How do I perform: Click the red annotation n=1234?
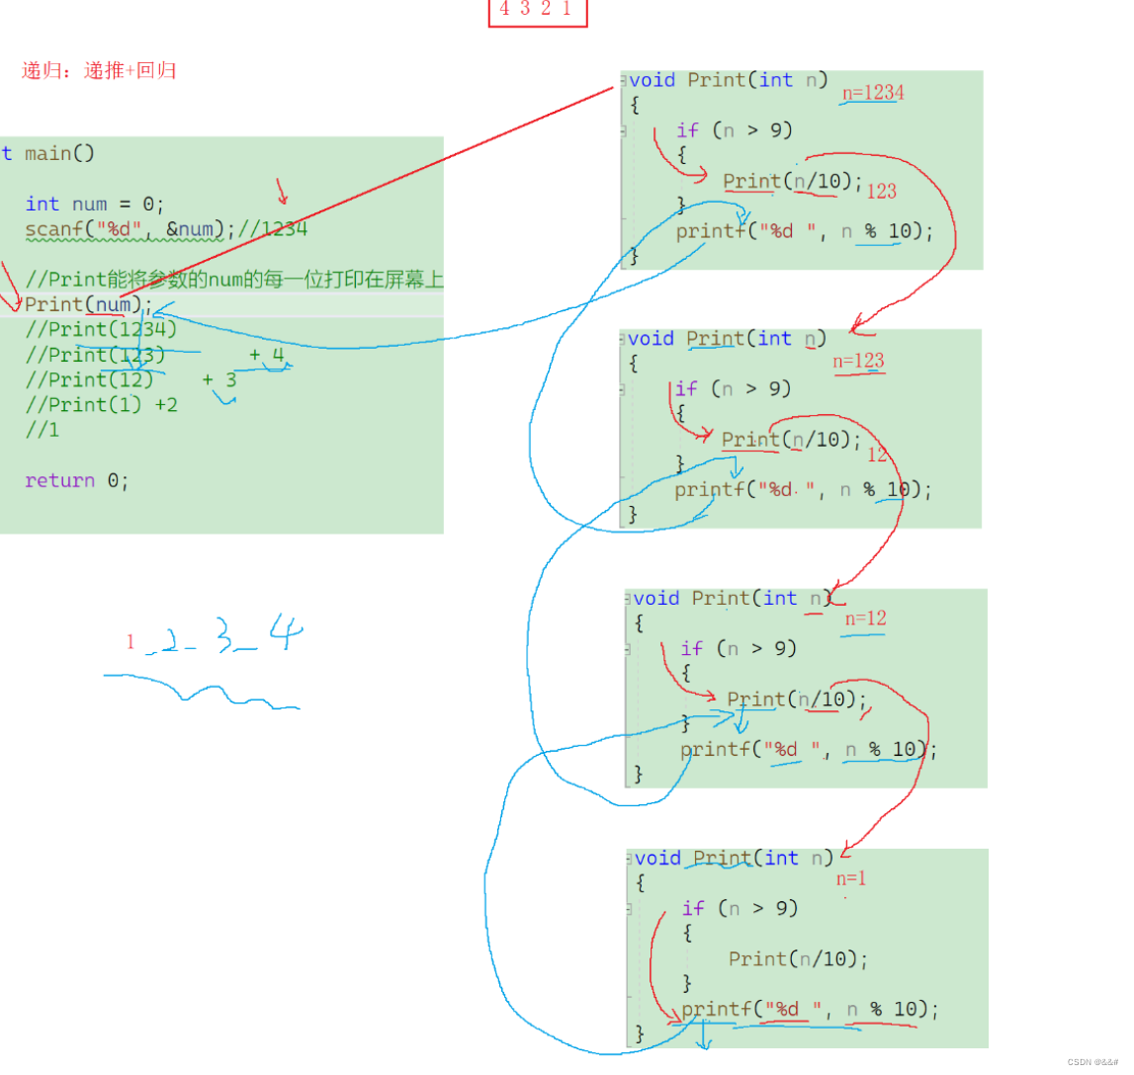point(873,93)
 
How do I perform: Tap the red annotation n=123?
point(858,361)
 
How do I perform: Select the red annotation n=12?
point(865,619)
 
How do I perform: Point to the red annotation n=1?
point(850,878)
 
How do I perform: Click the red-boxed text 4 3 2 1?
point(536,10)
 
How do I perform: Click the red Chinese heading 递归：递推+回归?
point(99,70)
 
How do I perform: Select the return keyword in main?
point(59,481)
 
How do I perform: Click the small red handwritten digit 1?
point(130,642)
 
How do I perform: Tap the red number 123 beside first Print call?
point(881,192)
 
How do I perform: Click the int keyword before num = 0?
point(43,204)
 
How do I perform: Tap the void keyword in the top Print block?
point(651,80)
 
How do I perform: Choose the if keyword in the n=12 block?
point(691,648)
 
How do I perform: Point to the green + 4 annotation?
point(267,355)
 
